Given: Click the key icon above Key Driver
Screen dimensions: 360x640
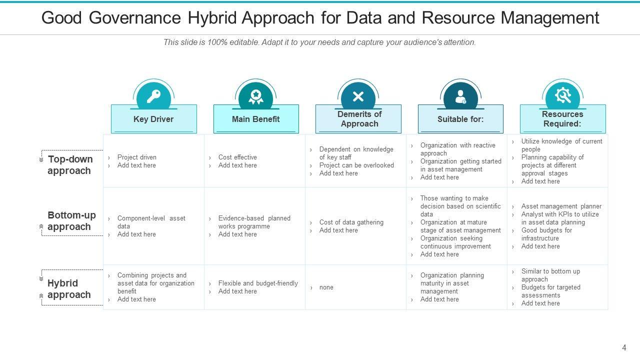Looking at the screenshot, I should coord(153,96).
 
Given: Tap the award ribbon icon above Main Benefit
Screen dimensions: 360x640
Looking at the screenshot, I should coord(255,96).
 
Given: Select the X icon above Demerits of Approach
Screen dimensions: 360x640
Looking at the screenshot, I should coord(358,96).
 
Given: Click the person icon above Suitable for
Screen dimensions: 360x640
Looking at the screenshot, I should coord(460,96).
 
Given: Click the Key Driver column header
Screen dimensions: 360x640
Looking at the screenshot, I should coord(153,119).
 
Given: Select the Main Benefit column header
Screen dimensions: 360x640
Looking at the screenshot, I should coord(255,119).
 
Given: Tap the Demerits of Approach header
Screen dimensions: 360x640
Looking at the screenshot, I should coord(359,119).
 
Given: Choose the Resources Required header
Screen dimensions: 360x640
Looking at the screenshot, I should coord(562,119).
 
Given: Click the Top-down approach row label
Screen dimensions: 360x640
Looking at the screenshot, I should coord(69,165).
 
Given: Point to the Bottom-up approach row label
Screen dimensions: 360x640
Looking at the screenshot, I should coord(71,221).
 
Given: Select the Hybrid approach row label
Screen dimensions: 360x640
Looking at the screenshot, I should coord(68,289).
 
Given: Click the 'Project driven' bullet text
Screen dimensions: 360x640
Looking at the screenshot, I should coord(136,157).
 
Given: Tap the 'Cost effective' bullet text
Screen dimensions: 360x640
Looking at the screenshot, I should coord(237,157).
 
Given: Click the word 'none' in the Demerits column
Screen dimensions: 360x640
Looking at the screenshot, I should coord(326,287).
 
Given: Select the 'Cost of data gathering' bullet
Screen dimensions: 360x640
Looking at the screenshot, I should coord(351,222).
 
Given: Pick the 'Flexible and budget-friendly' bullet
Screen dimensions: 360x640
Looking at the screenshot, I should coord(258,283).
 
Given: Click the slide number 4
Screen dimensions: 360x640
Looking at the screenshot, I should coord(624,347).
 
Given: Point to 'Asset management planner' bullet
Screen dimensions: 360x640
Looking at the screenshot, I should coord(561,206).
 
